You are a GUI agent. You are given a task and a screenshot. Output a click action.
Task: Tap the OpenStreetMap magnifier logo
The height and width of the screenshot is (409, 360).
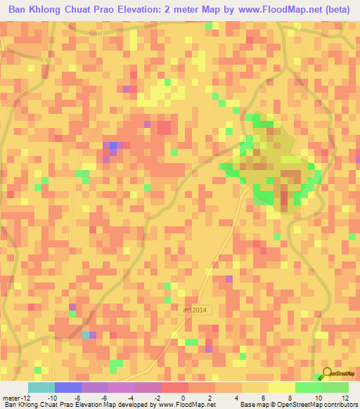[327, 374]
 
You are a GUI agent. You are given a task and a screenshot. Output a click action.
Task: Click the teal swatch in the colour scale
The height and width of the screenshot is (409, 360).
[41, 387]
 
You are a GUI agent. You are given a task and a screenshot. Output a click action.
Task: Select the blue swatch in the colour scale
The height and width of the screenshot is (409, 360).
[67, 387]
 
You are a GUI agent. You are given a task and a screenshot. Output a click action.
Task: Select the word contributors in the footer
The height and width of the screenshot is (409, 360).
[338, 405]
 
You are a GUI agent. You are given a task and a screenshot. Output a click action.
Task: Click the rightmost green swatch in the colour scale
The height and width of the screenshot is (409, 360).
[335, 387]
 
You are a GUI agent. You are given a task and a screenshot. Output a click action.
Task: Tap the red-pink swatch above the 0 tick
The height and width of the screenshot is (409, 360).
[174, 387]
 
